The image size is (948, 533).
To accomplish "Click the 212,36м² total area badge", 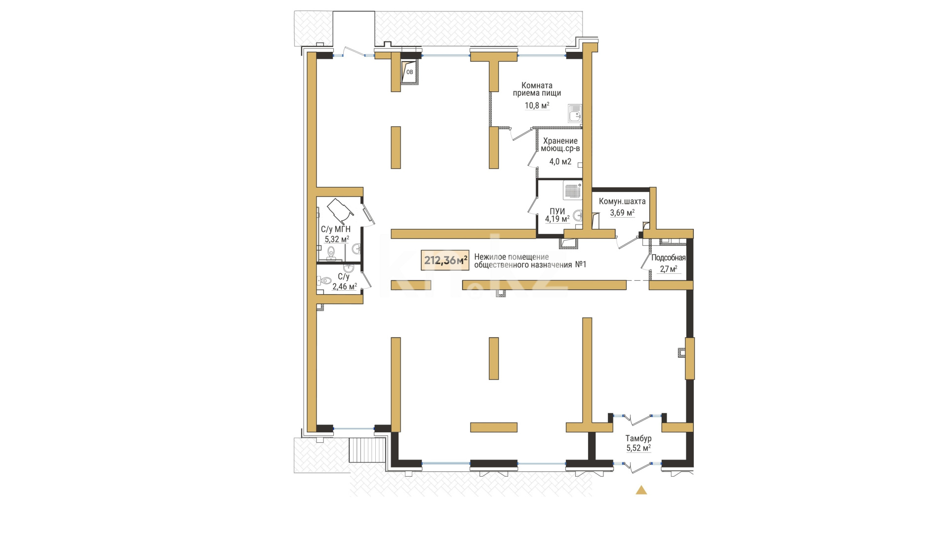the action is tap(445, 260).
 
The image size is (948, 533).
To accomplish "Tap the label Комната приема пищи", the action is tap(537, 89).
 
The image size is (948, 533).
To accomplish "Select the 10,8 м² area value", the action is tap(537, 106).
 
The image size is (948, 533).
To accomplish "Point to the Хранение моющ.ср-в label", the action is tap(560, 145).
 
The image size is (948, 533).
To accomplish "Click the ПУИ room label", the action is tap(557, 211).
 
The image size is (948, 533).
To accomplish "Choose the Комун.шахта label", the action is tap(622, 201).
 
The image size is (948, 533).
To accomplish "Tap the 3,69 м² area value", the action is tap(622, 213).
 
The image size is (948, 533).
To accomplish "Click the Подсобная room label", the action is tap(669, 258).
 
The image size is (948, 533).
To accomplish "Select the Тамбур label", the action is tap(638, 438).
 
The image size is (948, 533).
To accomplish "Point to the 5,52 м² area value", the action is tap(638, 448).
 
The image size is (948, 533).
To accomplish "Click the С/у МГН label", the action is tap(336, 229).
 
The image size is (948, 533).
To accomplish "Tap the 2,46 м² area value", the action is tap(345, 287).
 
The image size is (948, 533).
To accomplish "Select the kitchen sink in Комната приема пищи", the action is tap(574, 114).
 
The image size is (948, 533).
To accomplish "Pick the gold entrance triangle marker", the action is tap(641, 490).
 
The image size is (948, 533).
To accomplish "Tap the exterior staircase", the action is tap(367, 450).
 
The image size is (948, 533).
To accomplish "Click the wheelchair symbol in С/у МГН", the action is tap(340, 210).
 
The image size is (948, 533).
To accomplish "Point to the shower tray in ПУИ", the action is tap(573, 190).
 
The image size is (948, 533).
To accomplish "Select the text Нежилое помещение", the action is tap(512, 257).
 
